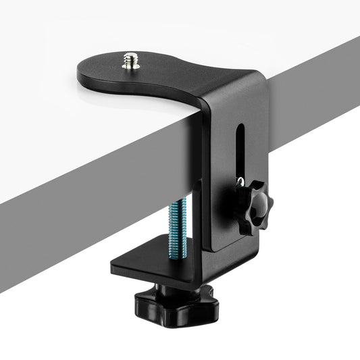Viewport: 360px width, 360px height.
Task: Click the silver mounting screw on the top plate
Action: pyautogui.click(x=128, y=63)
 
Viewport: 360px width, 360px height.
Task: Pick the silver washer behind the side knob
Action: pyautogui.click(x=240, y=182)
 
